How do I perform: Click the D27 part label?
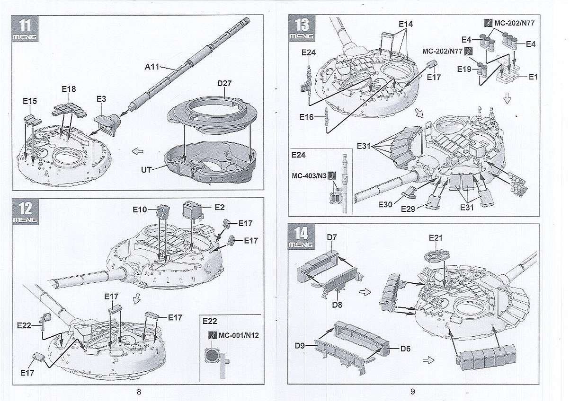click(224, 84)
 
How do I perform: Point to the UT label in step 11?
click(146, 169)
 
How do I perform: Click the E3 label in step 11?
click(101, 99)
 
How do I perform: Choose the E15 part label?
click(30, 101)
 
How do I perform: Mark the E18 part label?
click(69, 89)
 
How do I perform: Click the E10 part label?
click(140, 209)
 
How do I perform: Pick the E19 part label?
click(464, 69)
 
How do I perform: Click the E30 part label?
click(385, 204)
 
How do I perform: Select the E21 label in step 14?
click(436, 237)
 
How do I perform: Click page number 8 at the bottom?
click(139, 391)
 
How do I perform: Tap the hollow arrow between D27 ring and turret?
click(139, 152)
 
